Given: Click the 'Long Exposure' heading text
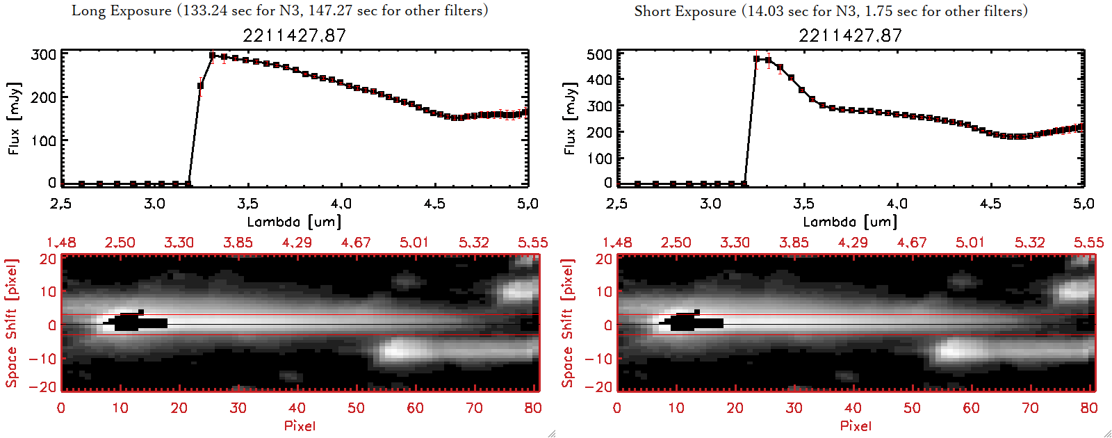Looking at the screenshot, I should (x=122, y=10).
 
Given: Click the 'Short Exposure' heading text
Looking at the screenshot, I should (x=685, y=11).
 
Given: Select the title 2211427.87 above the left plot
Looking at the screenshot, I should (x=294, y=35).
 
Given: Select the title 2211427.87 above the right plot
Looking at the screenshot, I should (x=850, y=35).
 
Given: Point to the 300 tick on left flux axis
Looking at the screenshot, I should (x=44, y=54).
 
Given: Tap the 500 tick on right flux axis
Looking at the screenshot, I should (x=600, y=54).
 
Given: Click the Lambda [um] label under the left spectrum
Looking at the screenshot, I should (x=294, y=222).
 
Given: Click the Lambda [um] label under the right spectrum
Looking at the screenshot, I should (x=850, y=222).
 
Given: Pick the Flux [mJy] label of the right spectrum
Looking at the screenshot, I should (x=571, y=118).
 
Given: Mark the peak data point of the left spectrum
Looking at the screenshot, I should (x=213, y=56).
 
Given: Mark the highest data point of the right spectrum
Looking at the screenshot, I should (x=757, y=59).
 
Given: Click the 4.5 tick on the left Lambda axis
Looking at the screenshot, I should (x=434, y=204).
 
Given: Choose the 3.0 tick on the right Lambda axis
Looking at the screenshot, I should (x=710, y=204).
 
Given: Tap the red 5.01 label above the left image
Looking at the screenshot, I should (x=414, y=243).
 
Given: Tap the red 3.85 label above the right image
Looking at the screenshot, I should (x=794, y=243).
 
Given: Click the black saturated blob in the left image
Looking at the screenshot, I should (x=136, y=323).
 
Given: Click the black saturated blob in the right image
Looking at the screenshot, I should (x=692, y=323).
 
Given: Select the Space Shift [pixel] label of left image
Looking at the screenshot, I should (x=12, y=323).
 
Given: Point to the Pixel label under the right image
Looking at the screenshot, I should (x=856, y=425).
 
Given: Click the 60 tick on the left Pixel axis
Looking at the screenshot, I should (x=415, y=408).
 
